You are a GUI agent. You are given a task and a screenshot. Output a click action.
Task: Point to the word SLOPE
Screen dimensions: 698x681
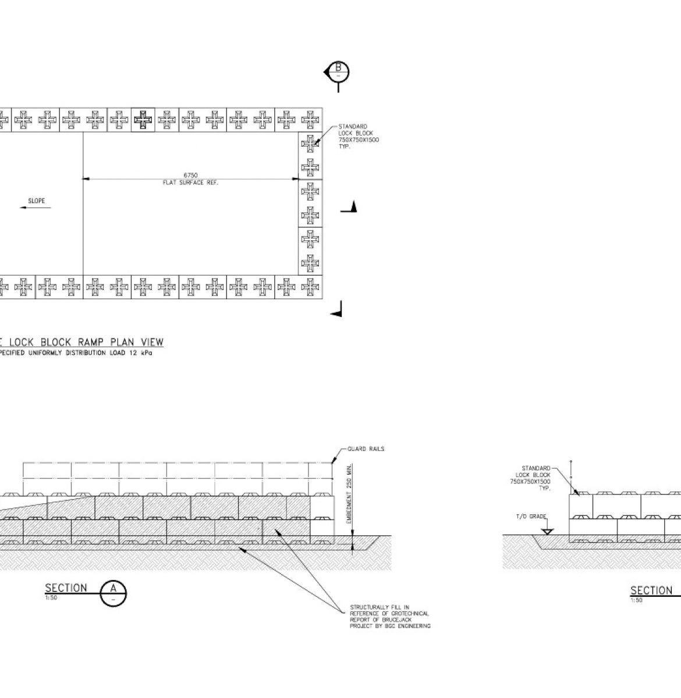tap(36, 201)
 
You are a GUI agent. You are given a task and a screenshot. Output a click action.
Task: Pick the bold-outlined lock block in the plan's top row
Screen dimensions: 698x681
tap(143, 120)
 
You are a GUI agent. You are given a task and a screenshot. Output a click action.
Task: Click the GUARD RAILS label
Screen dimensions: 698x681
tap(366, 449)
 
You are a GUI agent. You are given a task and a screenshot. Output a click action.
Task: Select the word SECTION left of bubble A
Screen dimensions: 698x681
tap(66, 588)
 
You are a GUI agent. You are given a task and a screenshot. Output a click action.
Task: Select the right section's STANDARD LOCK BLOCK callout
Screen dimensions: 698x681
tap(535, 478)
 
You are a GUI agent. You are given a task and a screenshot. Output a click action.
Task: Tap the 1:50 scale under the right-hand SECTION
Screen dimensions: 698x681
tap(636, 600)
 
